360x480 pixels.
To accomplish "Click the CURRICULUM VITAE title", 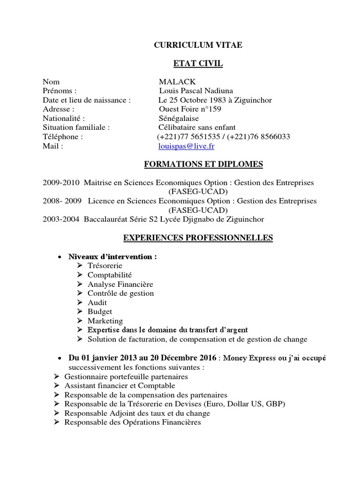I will coord(199,45).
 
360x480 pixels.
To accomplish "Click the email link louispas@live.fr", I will coord(187,146).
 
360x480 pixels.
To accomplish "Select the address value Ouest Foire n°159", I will coord(190,109).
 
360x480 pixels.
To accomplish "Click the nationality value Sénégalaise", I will coord(179,119).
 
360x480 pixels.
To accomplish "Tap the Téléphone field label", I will coord(62,137).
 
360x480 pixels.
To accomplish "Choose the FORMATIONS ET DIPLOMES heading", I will coord(202,165).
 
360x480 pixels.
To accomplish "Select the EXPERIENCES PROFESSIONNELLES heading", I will coord(198,238).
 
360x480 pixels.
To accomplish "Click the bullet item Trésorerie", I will coord(105,266).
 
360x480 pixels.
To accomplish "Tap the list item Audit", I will coord(97,303).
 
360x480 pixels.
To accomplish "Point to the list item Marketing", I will coord(105,321).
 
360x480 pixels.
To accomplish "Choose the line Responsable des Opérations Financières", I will coord(132,422).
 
